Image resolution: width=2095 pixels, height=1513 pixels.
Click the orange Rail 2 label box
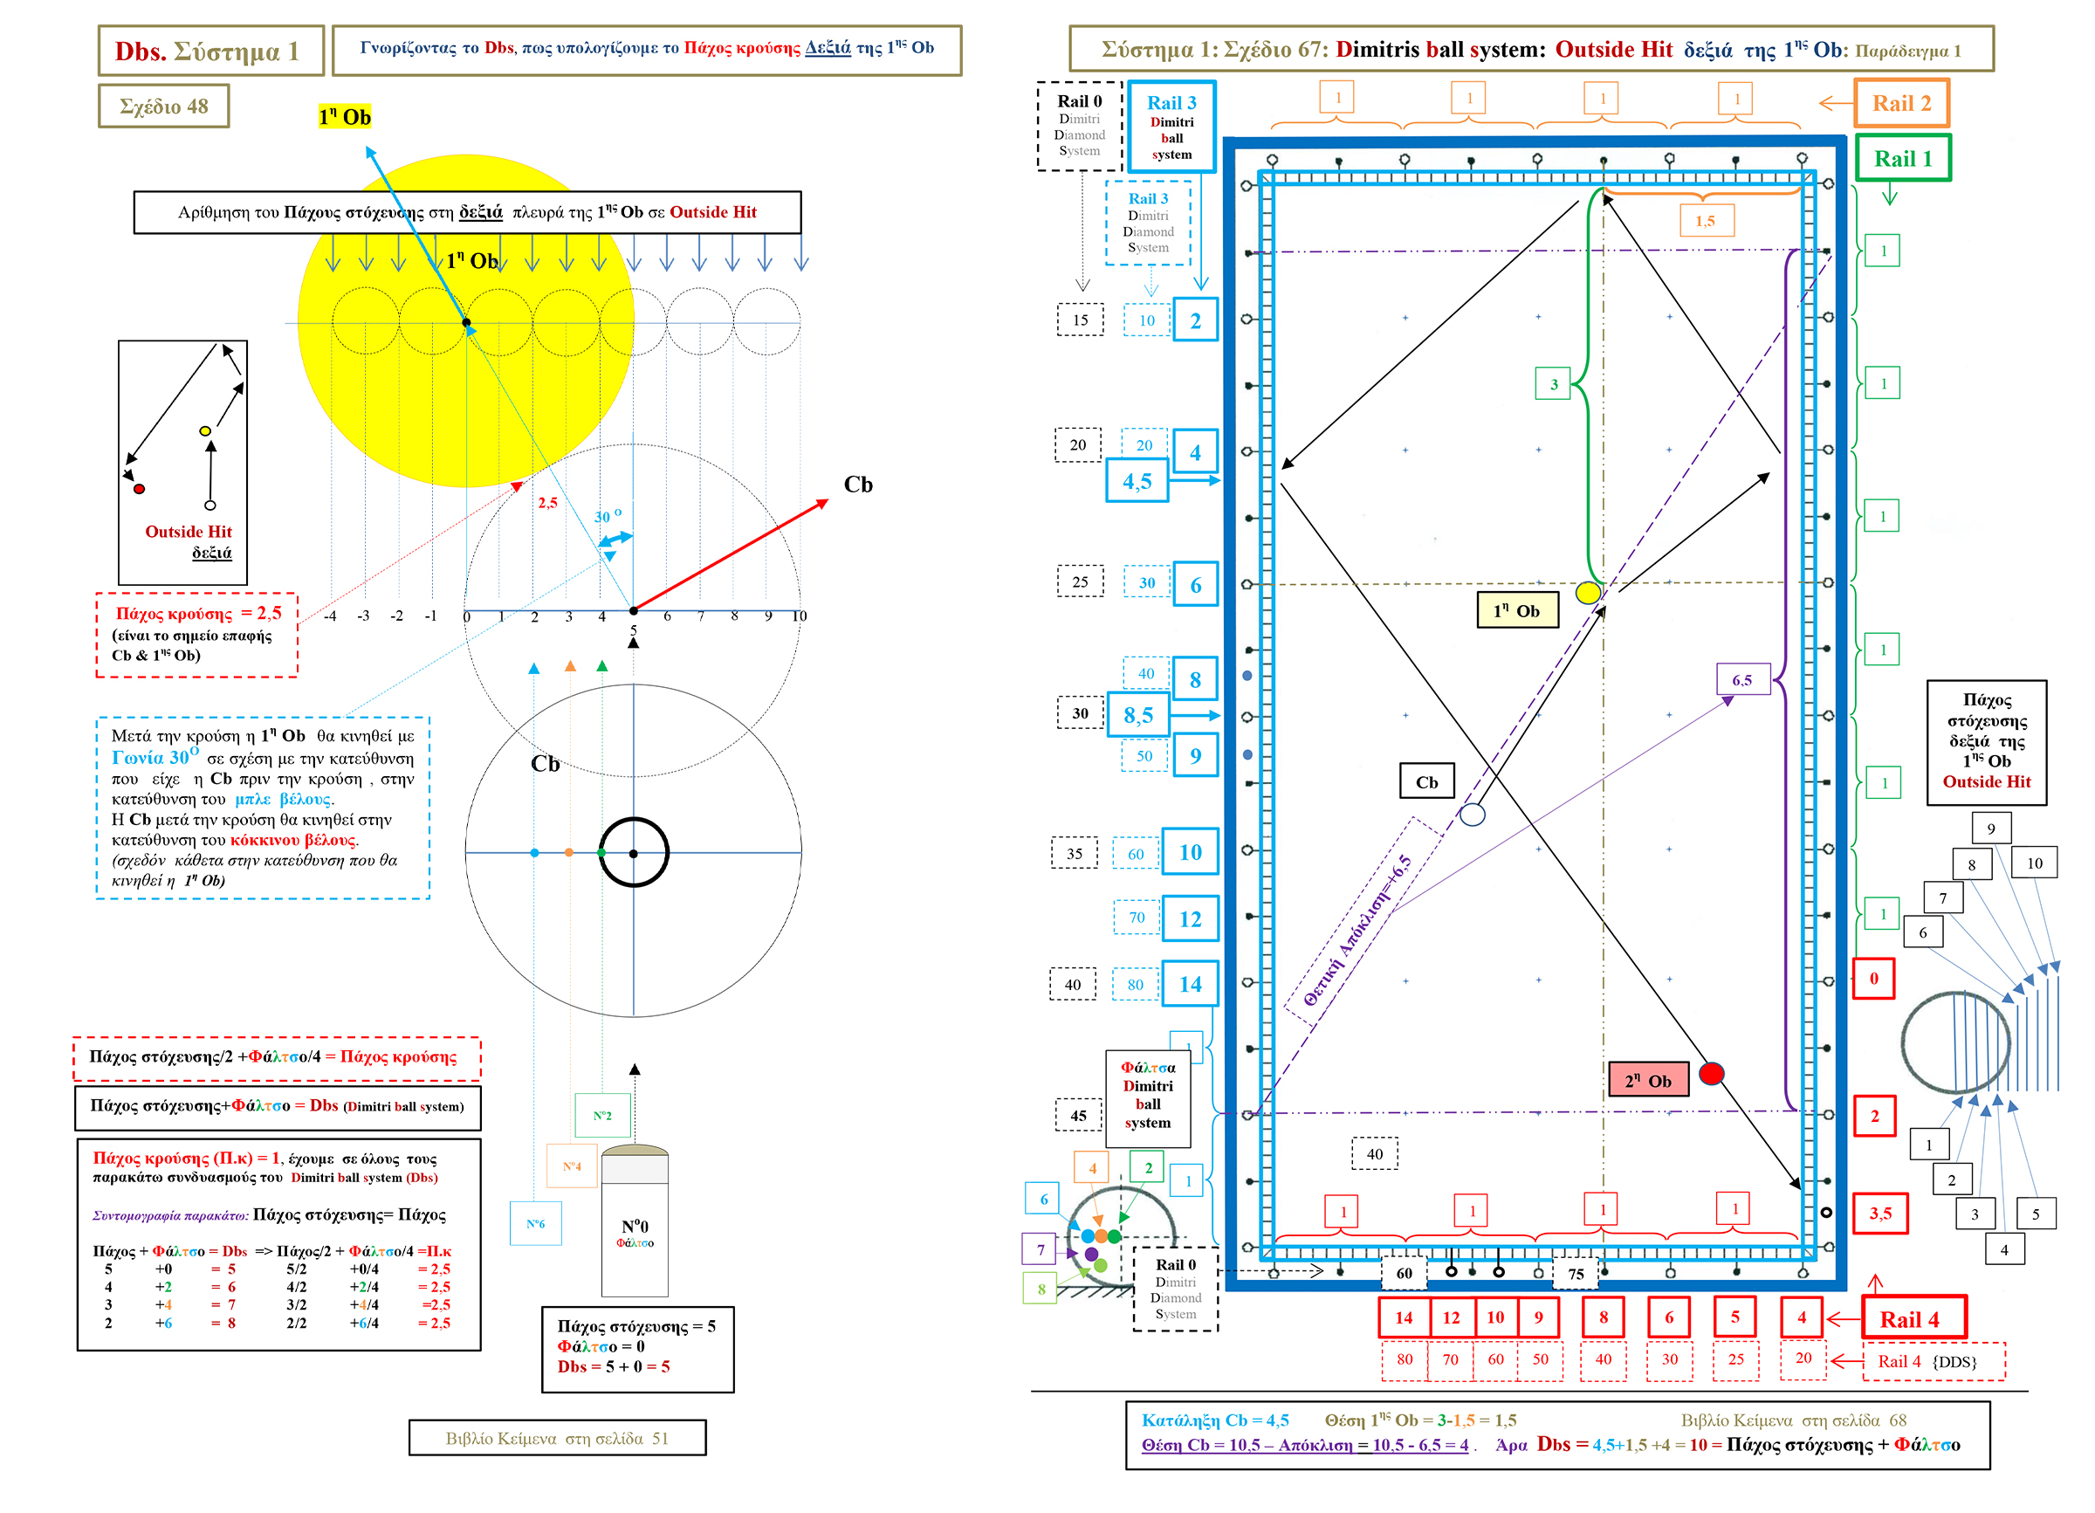pos(1901,103)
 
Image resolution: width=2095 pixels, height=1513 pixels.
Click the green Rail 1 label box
pos(1902,159)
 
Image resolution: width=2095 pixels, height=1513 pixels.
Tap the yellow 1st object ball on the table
pos(1588,593)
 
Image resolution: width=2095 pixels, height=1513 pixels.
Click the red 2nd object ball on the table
pos(1711,1073)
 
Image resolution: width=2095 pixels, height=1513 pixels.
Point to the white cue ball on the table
pos(1473,815)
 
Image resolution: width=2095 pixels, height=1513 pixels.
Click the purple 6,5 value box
pos(1742,681)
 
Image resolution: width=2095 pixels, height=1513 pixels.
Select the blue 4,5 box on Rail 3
pos(1137,482)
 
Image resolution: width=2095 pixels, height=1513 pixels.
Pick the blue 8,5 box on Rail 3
pos(1138,716)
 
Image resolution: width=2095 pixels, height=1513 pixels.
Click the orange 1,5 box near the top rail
pos(1705,222)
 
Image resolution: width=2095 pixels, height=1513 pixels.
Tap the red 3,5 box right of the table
pos(1879,1214)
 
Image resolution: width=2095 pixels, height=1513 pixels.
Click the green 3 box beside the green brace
pos(1554,384)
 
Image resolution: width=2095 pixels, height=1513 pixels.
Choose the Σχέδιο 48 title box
pos(163,107)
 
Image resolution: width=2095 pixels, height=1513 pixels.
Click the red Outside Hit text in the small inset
pos(189,532)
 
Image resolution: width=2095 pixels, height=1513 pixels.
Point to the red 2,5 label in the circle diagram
pos(548,504)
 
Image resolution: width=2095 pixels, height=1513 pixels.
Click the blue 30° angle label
pos(607,516)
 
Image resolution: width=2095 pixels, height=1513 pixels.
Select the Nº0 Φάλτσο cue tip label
pos(635,1231)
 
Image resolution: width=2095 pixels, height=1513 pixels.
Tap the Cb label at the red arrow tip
pos(858,485)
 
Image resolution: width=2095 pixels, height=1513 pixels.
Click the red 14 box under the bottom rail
pos(1403,1318)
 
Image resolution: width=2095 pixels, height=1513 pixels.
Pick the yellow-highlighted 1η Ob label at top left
pos(345,117)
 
